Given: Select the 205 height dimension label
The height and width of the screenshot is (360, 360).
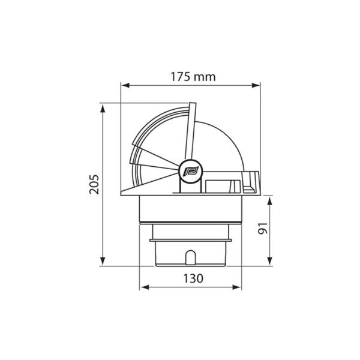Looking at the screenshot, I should click(92, 185).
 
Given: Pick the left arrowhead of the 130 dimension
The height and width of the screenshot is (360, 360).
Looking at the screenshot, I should click(143, 287).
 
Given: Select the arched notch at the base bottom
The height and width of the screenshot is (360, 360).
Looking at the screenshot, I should click(191, 257).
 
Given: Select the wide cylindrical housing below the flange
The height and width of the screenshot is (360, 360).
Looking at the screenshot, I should click(191, 210).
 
